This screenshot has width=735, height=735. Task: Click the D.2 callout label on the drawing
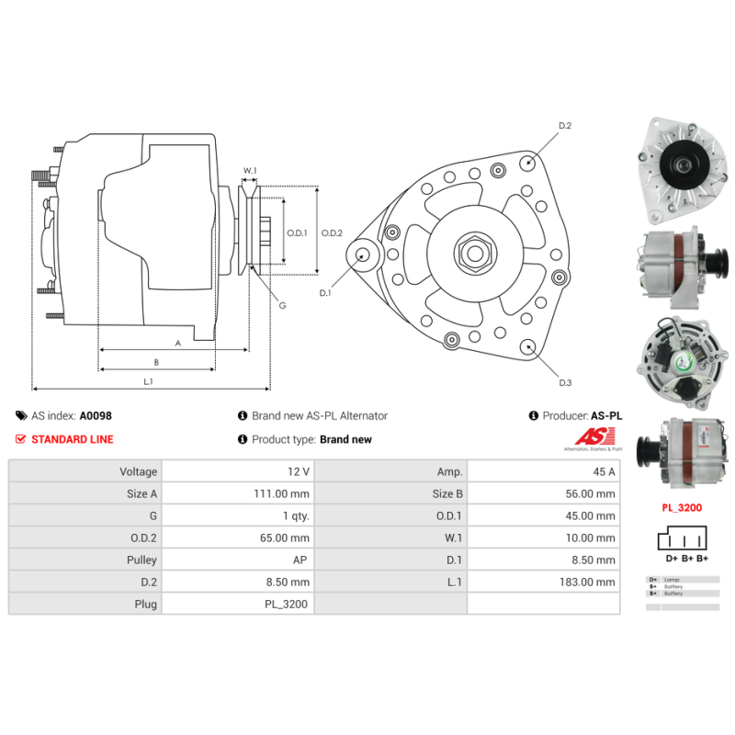[565, 125]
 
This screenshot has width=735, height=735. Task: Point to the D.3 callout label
[565, 382]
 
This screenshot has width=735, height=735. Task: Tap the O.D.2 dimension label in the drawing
[332, 233]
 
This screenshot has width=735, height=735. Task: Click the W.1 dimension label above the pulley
[250, 170]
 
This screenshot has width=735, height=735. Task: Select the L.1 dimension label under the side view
[148, 381]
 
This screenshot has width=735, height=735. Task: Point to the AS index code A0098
[96, 415]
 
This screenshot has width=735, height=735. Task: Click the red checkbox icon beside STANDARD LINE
[21, 439]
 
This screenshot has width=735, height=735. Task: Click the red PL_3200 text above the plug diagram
[681, 506]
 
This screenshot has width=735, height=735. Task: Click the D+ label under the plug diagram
[672, 559]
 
